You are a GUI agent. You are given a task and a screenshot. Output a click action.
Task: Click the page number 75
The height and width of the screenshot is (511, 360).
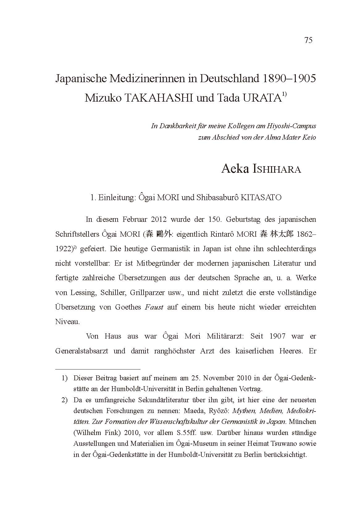point(308,40)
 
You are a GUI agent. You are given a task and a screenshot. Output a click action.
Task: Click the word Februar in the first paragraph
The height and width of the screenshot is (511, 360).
point(135,219)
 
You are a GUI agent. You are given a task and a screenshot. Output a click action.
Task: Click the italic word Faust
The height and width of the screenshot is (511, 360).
point(154,307)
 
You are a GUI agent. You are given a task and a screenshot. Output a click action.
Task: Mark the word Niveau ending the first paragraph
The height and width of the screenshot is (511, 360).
point(67,322)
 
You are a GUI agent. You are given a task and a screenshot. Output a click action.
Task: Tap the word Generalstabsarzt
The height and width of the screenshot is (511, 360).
point(82,351)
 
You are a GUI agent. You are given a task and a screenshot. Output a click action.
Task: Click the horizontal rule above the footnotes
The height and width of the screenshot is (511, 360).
point(98,369)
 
